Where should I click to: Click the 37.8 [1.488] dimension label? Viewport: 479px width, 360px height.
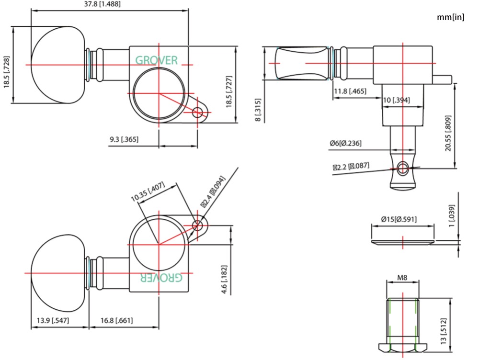pos(103,4)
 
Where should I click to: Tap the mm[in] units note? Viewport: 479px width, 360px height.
pos(451,17)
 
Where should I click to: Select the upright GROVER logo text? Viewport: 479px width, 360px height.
pos(157,60)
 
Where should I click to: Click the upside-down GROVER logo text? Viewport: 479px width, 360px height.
pos(161,277)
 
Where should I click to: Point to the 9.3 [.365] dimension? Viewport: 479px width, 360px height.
pos(124,139)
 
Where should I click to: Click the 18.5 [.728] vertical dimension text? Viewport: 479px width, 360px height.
pos(7,72)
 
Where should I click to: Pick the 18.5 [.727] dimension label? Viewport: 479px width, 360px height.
pos(229,91)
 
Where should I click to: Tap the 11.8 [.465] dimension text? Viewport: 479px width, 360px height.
pos(350,91)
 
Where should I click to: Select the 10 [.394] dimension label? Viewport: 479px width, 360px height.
pos(396,100)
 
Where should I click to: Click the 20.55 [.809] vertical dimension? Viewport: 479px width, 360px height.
pos(448,133)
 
